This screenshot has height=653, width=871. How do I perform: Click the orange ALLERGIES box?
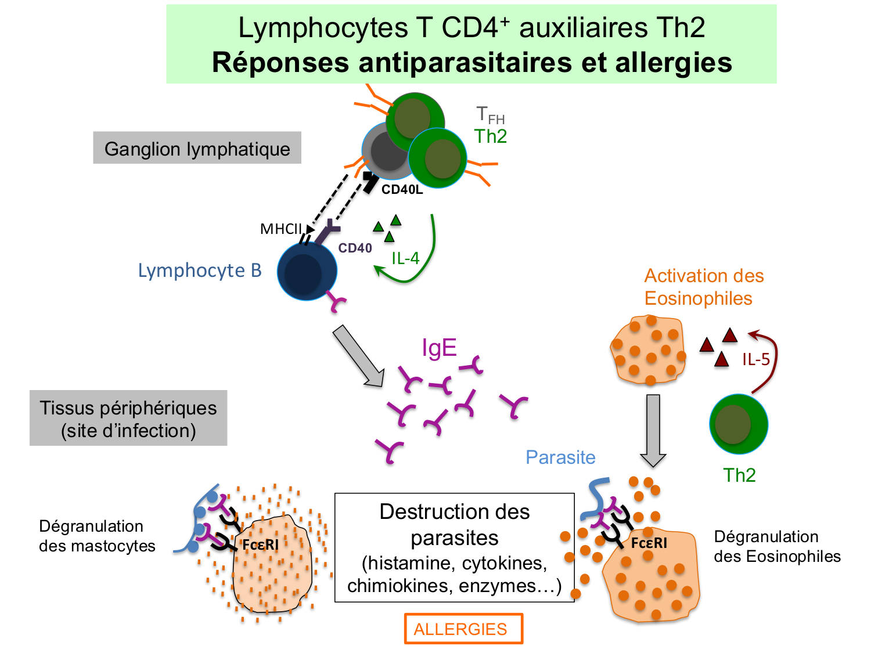[463, 629]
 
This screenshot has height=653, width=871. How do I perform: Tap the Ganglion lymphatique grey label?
[197, 149]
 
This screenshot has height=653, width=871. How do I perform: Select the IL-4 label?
[405, 258]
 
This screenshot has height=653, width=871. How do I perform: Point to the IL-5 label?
[756, 359]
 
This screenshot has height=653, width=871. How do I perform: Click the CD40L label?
[402, 190]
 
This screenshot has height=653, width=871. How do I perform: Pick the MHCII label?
[281, 229]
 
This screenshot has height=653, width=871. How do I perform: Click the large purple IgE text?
[439, 348]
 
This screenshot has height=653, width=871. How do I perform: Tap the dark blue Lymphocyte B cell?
[307, 272]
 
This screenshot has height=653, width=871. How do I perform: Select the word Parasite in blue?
[560, 457]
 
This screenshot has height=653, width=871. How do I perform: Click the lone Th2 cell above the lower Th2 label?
[739, 424]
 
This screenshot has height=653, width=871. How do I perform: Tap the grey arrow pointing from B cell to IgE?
[358, 356]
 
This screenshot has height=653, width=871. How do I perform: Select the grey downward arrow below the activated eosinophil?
[653, 430]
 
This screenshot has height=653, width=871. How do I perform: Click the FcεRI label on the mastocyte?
[260, 544]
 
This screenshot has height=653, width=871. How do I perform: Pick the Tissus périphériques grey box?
[128, 419]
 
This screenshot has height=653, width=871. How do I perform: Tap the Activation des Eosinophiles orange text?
[704, 287]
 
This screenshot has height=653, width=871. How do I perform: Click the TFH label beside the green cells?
[490, 115]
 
